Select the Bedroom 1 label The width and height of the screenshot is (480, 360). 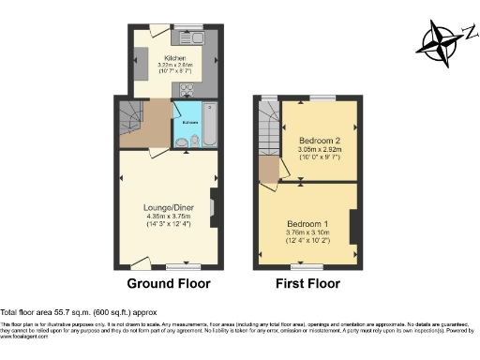(307, 225)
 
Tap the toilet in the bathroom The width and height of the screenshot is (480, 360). (194, 142)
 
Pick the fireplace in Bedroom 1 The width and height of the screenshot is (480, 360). (353, 228)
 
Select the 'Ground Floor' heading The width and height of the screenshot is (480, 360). (168, 283)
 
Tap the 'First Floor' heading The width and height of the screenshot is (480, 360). (308, 283)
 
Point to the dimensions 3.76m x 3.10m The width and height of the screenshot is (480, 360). (307, 234)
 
